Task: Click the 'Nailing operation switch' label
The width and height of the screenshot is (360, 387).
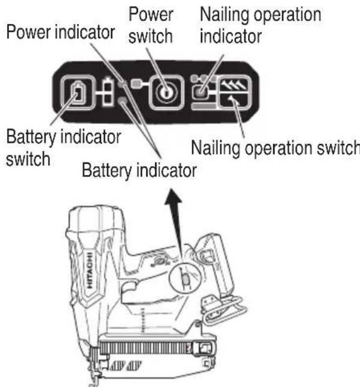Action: (275, 147)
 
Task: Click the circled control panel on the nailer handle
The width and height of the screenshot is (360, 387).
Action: (184, 277)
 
